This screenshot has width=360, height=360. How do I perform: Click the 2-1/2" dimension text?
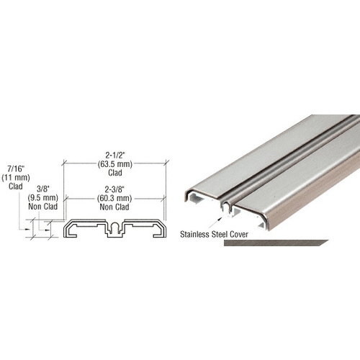(x=114, y=155)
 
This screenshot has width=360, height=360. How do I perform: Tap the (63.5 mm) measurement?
(x=114, y=163)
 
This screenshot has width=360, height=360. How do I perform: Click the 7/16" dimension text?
(x=15, y=166)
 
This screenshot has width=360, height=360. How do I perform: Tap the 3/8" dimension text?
(x=45, y=184)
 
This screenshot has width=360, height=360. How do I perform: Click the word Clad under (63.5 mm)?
(x=114, y=173)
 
